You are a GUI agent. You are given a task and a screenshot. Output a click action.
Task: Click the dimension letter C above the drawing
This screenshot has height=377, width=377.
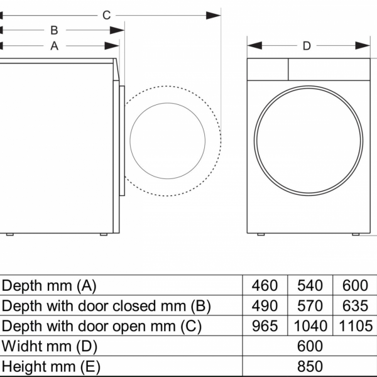[106, 15]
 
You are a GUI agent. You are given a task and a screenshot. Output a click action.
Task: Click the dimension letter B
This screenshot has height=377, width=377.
[55, 30]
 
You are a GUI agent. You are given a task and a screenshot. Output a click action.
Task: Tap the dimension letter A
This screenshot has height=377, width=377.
[54, 45]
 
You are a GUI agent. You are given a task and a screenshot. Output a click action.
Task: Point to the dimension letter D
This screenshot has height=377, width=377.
[307, 45]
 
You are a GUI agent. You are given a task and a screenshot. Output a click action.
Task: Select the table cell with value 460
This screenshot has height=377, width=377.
[265, 286]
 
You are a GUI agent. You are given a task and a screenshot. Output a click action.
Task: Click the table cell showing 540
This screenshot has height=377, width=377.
[310, 286]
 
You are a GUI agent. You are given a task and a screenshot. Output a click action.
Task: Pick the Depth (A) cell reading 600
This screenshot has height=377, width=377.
[355, 286]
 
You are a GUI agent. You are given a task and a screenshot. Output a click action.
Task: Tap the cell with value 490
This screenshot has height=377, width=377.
[265, 306]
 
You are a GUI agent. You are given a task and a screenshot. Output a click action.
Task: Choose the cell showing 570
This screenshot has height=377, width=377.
[310, 306]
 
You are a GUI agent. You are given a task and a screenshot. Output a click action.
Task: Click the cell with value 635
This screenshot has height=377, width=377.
[355, 306]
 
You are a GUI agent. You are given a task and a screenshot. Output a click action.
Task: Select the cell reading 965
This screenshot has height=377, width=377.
[265, 326]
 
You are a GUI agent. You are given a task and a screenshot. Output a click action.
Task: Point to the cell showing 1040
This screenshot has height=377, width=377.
[310, 326]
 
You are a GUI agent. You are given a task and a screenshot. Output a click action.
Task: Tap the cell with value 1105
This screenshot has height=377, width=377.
[355, 326]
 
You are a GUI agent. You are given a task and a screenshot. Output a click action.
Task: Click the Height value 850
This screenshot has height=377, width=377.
[310, 366]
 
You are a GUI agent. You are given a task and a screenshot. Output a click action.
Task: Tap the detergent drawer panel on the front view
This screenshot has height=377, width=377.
[267, 69]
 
